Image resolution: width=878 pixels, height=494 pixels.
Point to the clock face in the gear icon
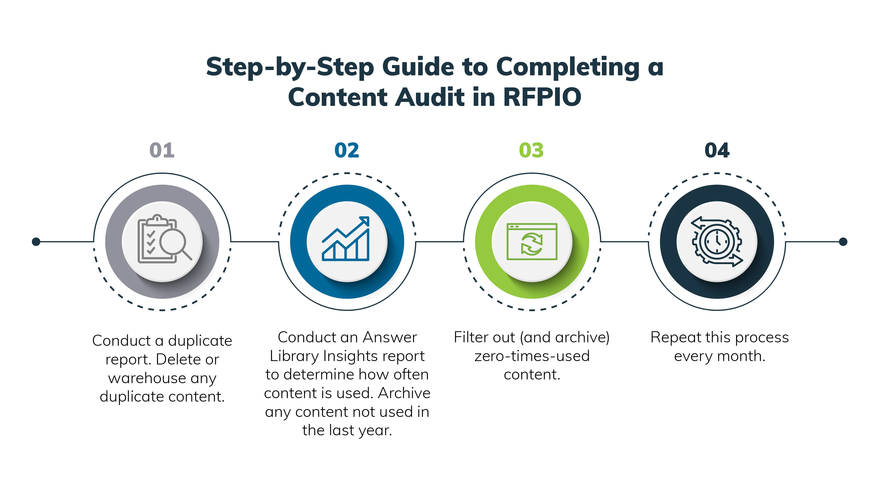717,241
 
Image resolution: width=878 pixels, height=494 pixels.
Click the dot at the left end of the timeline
36,242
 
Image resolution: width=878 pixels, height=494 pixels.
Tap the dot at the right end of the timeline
843,242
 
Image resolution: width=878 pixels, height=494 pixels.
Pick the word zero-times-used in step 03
532,356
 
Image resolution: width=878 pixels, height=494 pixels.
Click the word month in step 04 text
741,356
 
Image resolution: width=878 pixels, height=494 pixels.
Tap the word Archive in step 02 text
404,393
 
